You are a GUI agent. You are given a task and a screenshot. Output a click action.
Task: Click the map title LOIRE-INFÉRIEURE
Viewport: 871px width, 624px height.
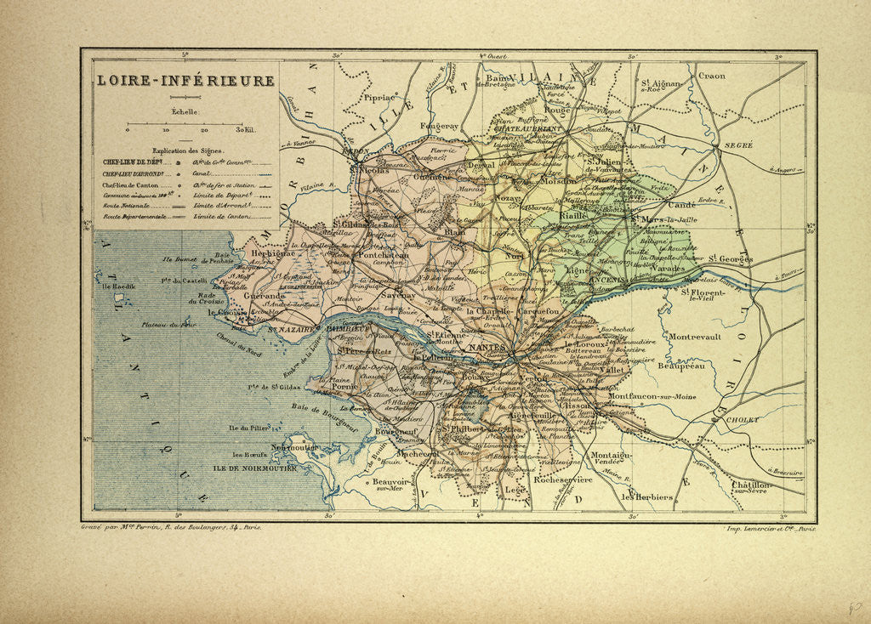click(x=184, y=82)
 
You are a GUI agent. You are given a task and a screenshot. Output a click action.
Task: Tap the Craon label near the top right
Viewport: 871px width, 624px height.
click(x=711, y=76)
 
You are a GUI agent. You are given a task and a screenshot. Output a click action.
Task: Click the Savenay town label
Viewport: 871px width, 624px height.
click(x=399, y=295)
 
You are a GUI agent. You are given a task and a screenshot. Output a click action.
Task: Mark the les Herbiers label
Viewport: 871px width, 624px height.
click(x=647, y=496)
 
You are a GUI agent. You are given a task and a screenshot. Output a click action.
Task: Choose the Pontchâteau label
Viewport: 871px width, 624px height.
click(x=387, y=254)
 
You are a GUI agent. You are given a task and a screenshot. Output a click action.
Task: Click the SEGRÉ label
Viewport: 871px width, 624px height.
click(x=738, y=145)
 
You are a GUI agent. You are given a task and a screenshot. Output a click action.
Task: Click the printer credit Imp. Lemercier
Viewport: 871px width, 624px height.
click(x=768, y=528)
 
